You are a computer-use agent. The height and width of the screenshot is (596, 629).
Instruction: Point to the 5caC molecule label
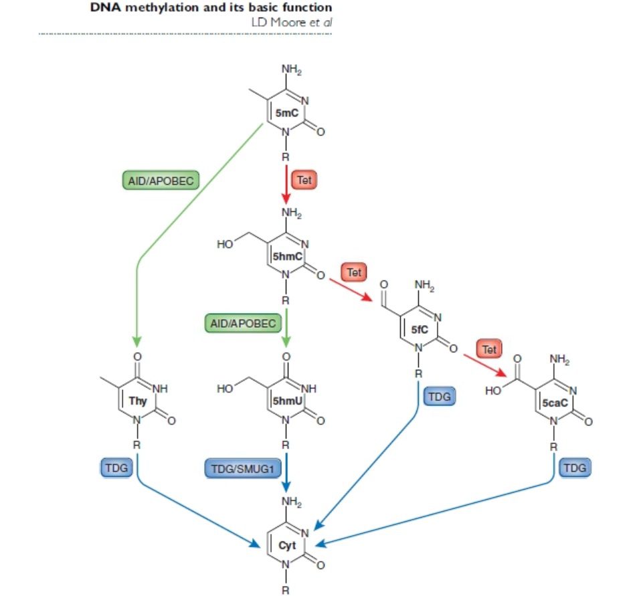pyautogui.click(x=555, y=403)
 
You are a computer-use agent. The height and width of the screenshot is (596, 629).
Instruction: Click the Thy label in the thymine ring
pyautogui.click(x=138, y=401)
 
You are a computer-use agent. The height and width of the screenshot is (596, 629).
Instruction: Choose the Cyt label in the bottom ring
pyautogui.click(x=287, y=545)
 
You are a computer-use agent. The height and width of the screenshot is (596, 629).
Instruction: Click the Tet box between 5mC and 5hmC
pyautogui.click(x=304, y=180)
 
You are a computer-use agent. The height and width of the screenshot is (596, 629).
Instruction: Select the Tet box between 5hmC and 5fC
pyautogui.click(x=354, y=273)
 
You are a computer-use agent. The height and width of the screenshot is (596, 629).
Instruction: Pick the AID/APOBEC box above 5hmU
pyautogui.click(x=243, y=324)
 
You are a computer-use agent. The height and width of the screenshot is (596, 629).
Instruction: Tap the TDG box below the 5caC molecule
pyautogui.click(x=575, y=468)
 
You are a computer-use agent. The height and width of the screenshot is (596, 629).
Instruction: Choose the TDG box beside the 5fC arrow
pyautogui.click(x=440, y=396)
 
